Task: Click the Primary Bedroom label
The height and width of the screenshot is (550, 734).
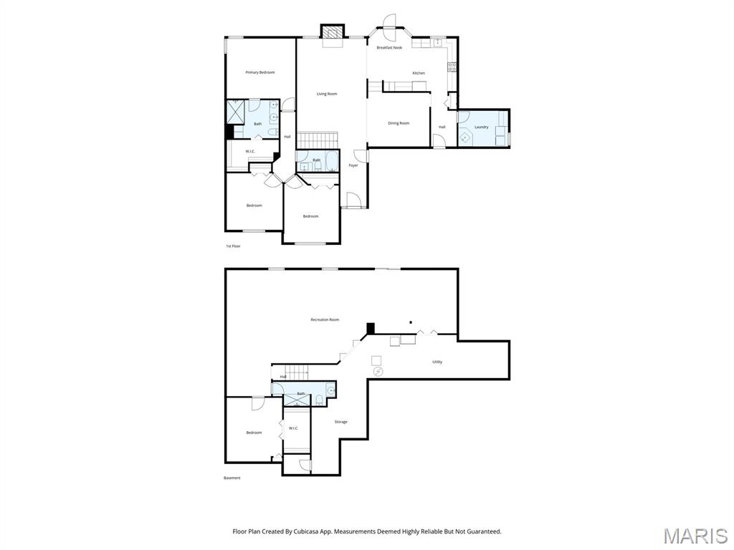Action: click(259, 72)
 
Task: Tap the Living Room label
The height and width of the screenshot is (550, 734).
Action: click(327, 94)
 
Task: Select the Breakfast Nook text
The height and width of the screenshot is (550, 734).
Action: click(389, 48)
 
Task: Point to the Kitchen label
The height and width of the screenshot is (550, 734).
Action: click(419, 73)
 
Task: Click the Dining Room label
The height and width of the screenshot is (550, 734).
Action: click(399, 123)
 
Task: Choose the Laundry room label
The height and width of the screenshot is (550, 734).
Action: click(481, 127)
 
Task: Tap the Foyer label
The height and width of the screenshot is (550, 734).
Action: click(353, 165)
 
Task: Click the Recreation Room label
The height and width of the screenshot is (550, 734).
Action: click(325, 320)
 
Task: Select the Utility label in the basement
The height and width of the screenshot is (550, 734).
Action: click(437, 362)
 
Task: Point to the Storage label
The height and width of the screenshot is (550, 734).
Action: click(340, 422)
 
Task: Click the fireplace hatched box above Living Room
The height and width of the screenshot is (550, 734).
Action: click(333, 32)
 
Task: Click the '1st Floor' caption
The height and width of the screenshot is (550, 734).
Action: click(233, 246)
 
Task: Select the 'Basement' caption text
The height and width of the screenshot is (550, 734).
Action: click(232, 478)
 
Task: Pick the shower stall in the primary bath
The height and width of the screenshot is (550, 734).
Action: click(235, 111)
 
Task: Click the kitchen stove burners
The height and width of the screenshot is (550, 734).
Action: click(452, 67)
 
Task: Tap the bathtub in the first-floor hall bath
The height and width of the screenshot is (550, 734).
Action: click(332, 162)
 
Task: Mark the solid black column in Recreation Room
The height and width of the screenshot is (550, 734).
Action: click(371, 328)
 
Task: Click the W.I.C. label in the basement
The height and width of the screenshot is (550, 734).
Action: click(293, 428)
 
